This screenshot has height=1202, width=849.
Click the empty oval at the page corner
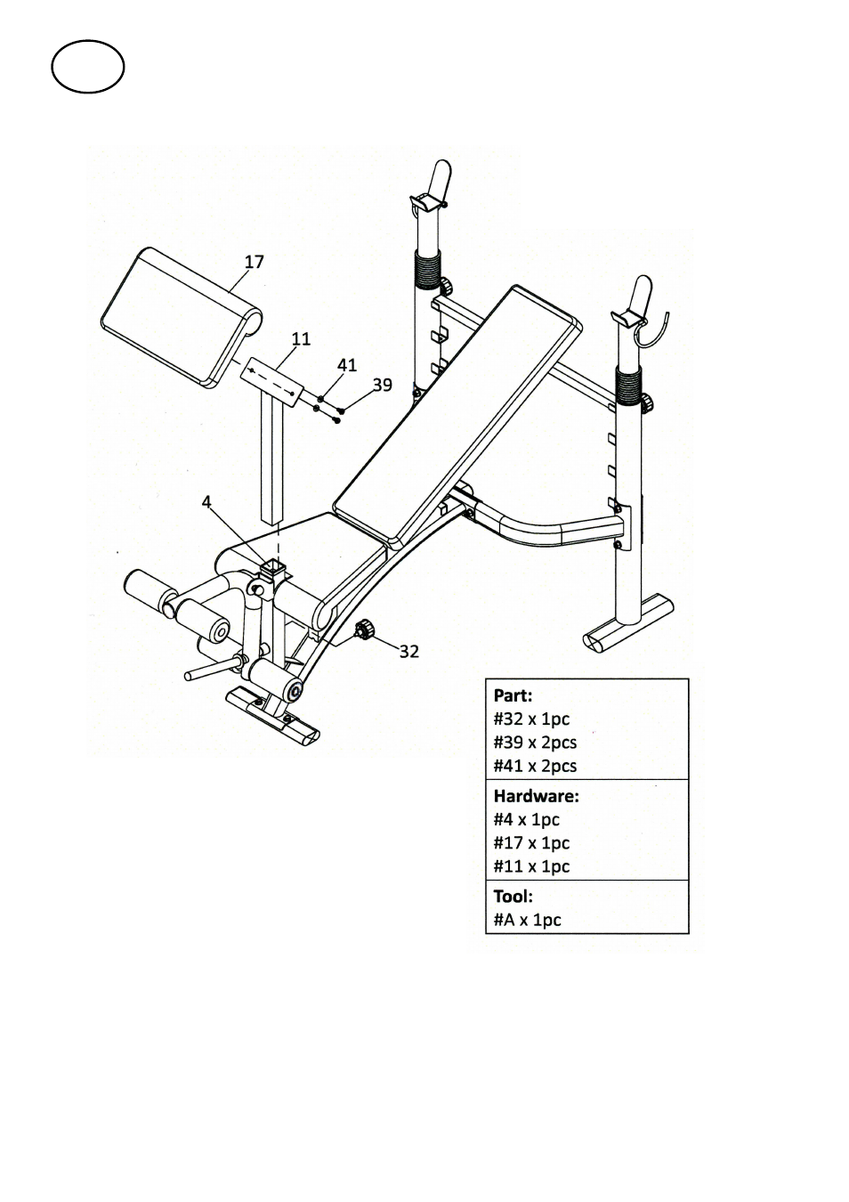coord(88,67)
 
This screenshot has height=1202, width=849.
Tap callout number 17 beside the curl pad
coord(255,262)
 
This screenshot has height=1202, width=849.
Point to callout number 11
coord(301,339)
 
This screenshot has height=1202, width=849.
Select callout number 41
coord(347,365)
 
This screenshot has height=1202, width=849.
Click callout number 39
coord(383,385)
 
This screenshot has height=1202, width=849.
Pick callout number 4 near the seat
coord(206,502)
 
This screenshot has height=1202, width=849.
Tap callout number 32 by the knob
coord(408,652)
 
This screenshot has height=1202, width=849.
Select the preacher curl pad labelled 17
coord(182,317)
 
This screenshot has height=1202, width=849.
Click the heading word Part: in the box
coord(513,695)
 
